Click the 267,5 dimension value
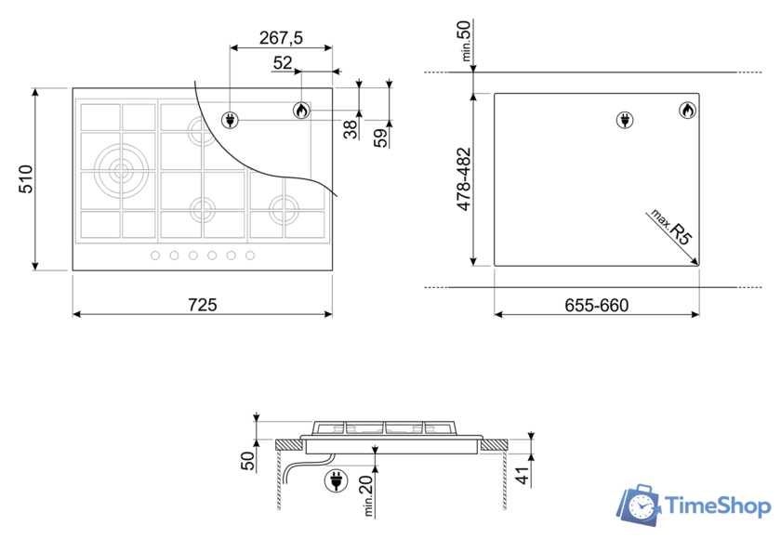pos(281,38)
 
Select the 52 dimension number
pos(283,63)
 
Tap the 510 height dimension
pos(25,179)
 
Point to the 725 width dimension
pos(203,305)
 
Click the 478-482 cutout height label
pos(464,179)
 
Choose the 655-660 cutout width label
pos(597,305)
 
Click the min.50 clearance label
pos(464,40)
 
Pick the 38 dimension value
pos(351,129)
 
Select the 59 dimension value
pos(381,138)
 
